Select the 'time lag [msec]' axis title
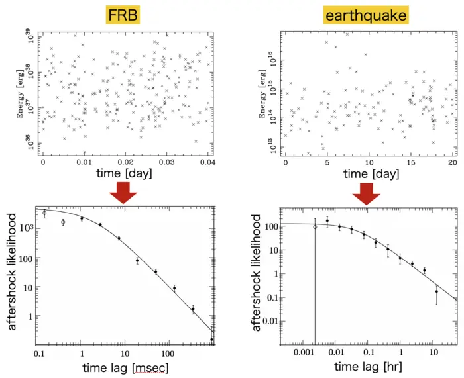pyautogui.click(x=127, y=367)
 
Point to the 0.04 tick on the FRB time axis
pyautogui.click(x=207, y=162)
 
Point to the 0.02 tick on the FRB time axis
pyautogui.click(x=125, y=162)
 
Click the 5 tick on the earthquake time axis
pyautogui.click(x=327, y=162)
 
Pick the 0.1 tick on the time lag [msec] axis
pyautogui.click(x=38, y=354)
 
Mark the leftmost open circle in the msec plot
pyautogui.click(x=44, y=213)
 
